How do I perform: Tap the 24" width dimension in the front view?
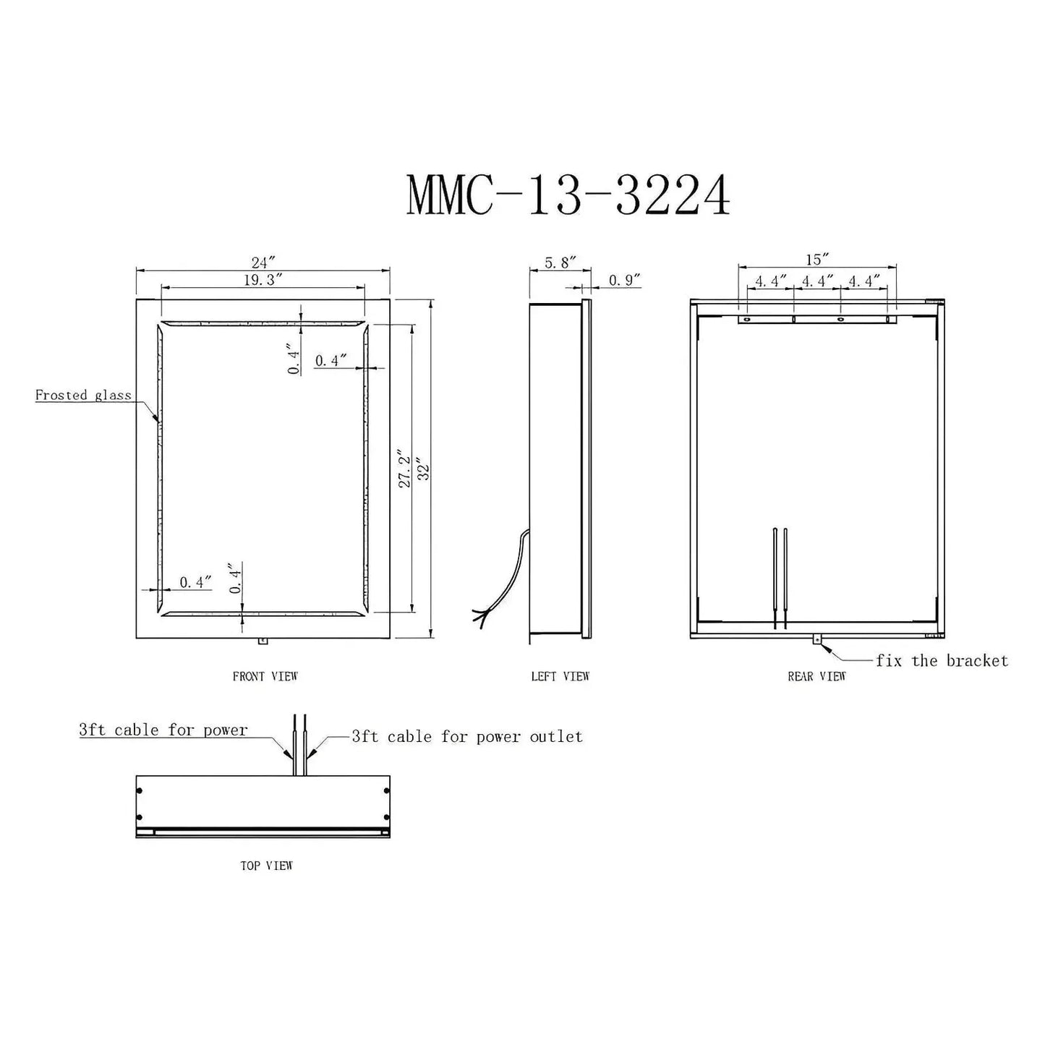[263, 261]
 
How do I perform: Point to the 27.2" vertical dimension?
[406, 470]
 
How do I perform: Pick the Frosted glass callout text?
[83, 395]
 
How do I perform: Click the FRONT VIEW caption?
[265, 676]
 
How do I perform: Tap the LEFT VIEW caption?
[560, 676]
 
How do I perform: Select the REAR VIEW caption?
[816, 676]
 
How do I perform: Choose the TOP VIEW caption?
[266, 866]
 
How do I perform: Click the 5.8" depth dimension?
[559, 263]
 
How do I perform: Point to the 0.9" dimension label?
[625, 280]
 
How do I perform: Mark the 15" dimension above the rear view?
[816, 259]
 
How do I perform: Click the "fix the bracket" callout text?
[942, 660]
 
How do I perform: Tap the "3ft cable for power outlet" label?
[466, 736]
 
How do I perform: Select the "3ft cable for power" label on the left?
[163, 730]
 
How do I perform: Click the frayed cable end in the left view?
[480, 616]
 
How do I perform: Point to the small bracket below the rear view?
[817, 639]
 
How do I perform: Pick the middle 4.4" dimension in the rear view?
[816, 281]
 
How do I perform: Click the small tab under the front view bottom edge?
[262, 641]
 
